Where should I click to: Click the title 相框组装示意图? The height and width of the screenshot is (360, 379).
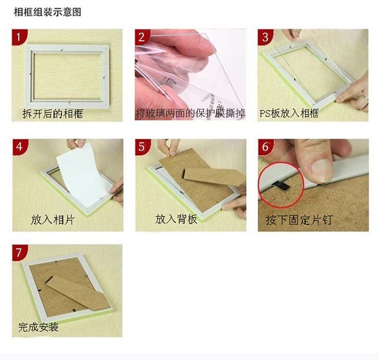(47, 12)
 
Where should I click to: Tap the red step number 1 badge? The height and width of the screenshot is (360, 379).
(19, 37)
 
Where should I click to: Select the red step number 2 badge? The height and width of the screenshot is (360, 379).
(142, 37)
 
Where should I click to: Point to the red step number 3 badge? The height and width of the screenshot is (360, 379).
(265, 37)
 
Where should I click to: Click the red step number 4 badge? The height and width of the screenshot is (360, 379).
(20, 147)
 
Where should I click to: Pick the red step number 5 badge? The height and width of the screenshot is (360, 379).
(142, 147)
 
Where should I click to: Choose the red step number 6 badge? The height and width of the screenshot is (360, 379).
(266, 147)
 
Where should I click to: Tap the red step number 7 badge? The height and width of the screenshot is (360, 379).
(20, 252)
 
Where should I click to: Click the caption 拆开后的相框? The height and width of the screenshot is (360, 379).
(53, 113)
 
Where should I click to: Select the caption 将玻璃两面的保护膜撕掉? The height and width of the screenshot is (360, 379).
(190, 113)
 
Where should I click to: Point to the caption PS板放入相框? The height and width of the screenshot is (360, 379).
(289, 113)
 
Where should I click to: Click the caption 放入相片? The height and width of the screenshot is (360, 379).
(53, 220)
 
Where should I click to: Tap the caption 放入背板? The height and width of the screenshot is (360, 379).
(176, 219)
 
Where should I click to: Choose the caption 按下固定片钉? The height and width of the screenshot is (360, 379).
(299, 220)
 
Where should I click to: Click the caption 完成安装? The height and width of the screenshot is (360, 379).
(38, 327)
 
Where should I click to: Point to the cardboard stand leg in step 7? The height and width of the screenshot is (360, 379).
(78, 293)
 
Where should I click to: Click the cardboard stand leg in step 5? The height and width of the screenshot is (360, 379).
(213, 177)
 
